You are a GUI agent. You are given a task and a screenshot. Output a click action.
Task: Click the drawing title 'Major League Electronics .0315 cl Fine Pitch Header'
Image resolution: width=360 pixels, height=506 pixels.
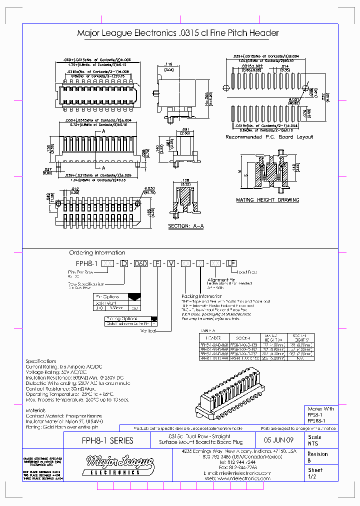click(177, 33)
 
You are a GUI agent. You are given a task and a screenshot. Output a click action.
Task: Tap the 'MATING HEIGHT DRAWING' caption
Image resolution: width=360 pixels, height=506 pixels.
click(267, 200)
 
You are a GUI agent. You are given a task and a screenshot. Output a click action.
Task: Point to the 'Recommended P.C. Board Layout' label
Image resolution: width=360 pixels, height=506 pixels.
click(269, 136)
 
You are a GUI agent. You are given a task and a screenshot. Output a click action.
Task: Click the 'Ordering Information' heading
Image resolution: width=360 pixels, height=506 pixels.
click(97, 253)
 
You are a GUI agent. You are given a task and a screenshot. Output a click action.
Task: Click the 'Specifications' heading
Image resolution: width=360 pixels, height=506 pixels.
click(41, 361)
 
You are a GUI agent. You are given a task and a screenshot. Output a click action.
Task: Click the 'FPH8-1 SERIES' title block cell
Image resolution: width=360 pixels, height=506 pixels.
click(107, 440)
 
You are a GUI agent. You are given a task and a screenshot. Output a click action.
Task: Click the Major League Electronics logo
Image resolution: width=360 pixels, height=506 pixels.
click(113, 464)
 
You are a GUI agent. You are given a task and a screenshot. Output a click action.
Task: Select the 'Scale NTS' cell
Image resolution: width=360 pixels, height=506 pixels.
click(314, 440)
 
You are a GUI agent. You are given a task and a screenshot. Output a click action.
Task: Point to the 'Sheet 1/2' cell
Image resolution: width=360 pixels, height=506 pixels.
click(314, 473)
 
